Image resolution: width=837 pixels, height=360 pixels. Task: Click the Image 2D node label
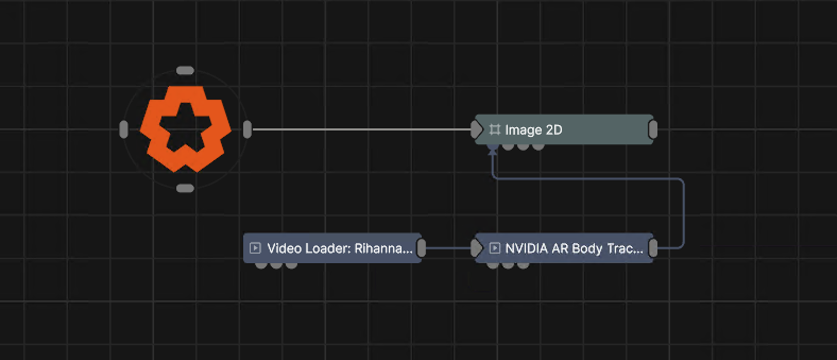coord(533,130)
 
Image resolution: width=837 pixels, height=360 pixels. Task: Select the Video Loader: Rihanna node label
coord(340,248)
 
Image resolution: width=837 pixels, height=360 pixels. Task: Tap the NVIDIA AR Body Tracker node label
coord(574,248)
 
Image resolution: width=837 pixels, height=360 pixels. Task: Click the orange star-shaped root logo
coord(185,129)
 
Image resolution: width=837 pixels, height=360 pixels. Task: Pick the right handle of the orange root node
coord(247,130)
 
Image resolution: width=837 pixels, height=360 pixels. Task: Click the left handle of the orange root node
coord(124,130)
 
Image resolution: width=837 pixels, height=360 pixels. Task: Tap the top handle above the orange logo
coord(185,70)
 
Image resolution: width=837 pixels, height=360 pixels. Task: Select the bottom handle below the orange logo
coord(185,188)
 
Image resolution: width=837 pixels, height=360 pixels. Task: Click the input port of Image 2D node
coord(476,130)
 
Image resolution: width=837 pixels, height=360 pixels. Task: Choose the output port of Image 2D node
coord(653,130)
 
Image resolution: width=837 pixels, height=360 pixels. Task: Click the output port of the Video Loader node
coord(421,248)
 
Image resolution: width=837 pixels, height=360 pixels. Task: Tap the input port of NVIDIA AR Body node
coord(476,248)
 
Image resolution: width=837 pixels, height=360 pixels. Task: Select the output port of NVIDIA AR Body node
coord(653,248)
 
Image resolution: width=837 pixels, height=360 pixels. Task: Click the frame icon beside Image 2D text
coord(495,130)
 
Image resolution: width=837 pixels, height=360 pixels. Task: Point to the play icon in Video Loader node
coord(255,248)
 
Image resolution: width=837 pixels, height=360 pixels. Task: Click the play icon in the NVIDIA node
coord(495,248)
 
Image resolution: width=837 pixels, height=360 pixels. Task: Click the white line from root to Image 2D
coord(361,130)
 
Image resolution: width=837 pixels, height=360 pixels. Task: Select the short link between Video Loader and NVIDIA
coord(448,248)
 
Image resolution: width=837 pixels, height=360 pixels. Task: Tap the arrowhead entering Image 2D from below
coord(493,152)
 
